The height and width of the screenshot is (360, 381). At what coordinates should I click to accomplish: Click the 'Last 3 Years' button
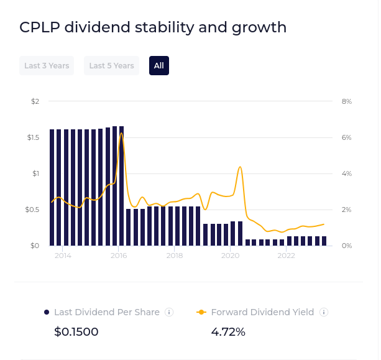[47, 65]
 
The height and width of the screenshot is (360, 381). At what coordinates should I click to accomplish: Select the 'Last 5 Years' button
[111, 65]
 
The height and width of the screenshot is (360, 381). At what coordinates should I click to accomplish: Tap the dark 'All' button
[159, 65]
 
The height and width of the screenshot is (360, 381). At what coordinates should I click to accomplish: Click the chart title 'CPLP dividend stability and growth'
[153, 27]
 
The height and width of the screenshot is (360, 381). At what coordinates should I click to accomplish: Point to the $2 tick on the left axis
[35, 101]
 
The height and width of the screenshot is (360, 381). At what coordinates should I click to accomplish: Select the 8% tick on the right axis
[347, 101]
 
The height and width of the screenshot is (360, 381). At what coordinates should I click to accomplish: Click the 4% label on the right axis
[347, 173]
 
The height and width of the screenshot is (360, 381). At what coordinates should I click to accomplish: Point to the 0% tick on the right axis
[347, 246]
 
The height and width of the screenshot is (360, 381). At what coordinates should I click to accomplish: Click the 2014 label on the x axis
[63, 256]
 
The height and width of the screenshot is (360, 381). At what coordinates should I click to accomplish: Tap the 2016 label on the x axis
[119, 256]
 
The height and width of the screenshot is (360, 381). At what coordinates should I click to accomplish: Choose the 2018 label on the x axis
[175, 256]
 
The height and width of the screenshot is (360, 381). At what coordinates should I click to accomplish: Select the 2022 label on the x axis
[286, 256]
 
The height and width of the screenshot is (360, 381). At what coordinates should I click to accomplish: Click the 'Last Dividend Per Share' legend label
[107, 312]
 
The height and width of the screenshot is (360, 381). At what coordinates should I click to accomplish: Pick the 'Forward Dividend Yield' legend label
[262, 312]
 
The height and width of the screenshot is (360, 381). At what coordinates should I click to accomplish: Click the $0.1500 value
[76, 332]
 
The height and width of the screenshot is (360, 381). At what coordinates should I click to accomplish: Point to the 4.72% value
[228, 332]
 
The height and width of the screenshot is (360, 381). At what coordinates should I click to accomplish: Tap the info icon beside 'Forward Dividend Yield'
[323, 312]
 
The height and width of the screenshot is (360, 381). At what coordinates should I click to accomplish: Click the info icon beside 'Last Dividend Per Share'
[169, 312]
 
